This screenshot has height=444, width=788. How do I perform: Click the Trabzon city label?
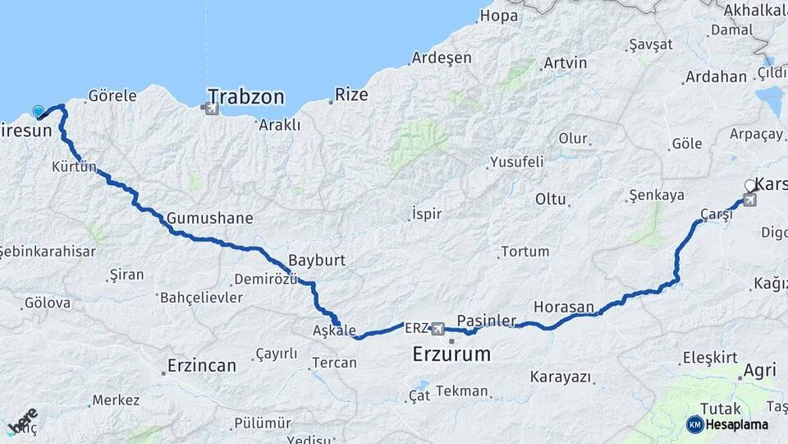[245, 96]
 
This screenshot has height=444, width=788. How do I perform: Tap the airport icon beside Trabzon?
[213, 109]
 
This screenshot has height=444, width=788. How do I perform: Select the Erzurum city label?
[451, 355]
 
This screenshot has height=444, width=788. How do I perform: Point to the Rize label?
[351, 95]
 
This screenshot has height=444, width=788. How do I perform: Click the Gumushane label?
[209, 219]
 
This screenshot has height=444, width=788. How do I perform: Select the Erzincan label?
[201, 365]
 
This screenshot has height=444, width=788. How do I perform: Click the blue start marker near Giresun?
[38, 112]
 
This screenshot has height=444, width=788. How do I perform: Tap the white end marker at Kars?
[749, 186]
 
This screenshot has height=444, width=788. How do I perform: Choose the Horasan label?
[563, 307]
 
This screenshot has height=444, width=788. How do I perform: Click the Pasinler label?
[486, 319]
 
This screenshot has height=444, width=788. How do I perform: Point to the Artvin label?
[565, 63]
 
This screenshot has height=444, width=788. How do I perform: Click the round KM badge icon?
[694, 424]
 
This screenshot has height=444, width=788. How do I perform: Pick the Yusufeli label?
[516, 162]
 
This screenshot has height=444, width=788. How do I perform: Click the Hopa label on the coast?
[499, 16]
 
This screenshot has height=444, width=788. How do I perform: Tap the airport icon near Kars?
[749, 200]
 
